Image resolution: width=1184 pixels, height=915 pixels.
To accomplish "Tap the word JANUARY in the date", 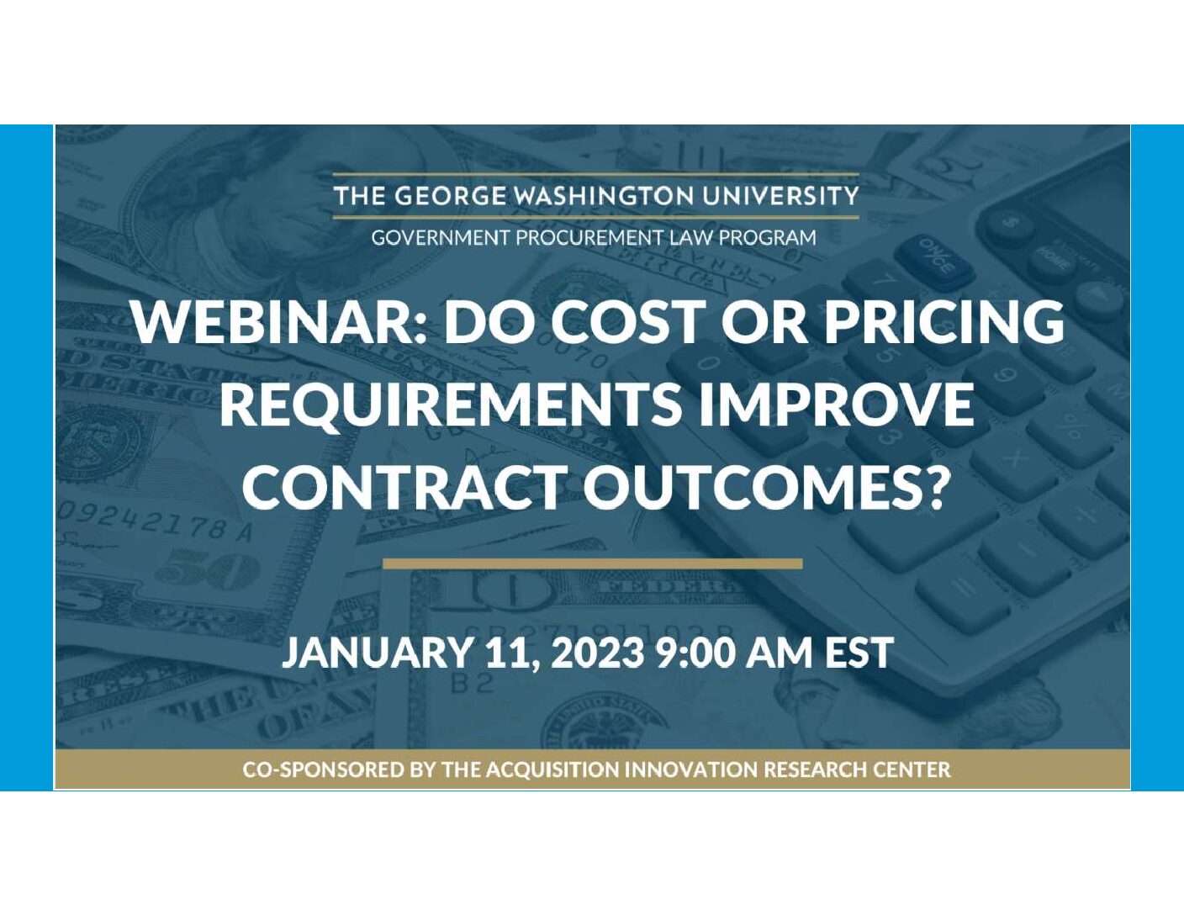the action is (x=376, y=653).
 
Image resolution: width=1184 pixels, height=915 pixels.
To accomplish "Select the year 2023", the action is (x=598, y=653).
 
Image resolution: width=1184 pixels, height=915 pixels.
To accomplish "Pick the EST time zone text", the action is (x=859, y=653).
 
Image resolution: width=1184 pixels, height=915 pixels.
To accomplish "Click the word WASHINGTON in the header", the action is (x=605, y=196).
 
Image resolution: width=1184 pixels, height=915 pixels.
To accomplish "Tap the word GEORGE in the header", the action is (x=451, y=196).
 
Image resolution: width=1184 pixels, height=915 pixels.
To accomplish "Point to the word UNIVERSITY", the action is (x=780, y=196).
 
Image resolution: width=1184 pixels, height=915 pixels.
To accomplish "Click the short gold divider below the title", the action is (x=592, y=563).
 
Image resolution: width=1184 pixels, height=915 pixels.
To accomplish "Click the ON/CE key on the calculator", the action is (x=938, y=257).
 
